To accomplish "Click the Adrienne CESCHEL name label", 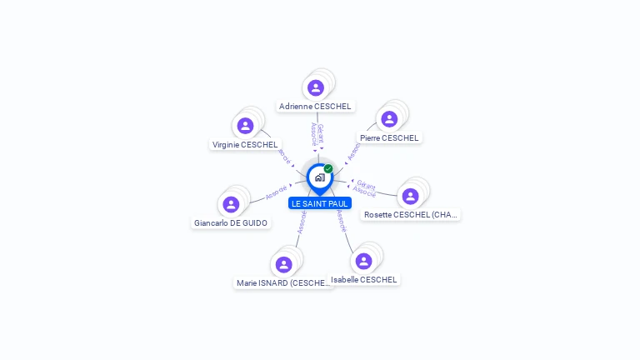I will [x=315, y=107].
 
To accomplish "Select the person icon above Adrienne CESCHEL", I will [x=315, y=87].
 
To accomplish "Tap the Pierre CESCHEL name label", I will [x=389, y=137].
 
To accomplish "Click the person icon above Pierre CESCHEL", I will [x=389, y=119].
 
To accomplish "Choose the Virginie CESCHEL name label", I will [x=245, y=144].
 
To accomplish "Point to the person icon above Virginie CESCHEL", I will [x=245, y=126].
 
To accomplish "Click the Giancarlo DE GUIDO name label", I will [x=231, y=223].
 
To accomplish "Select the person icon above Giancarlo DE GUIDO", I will [x=231, y=204].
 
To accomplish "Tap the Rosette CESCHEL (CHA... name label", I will [x=411, y=215].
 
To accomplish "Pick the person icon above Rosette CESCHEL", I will [x=410, y=196].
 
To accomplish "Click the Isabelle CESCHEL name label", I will [x=364, y=280].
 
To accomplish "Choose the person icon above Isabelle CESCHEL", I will [x=363, y=261].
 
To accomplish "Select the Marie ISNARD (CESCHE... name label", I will [x=284, y=283].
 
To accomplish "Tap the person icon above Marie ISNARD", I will [x=284, y=264].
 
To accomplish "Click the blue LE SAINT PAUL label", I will [x=320, y=203].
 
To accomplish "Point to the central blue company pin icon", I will [x=319, y=177].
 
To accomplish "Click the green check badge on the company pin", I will [x=328, y=169].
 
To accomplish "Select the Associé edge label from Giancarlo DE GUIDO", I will [x=276, y=192].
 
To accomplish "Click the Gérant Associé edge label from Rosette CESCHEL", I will [x=365, y=188].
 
